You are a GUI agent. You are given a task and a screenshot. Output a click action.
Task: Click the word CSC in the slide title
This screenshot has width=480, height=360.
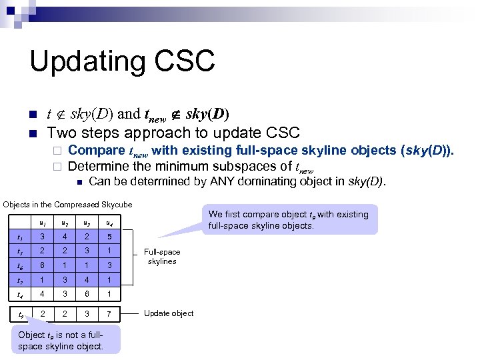click(x=185, y=61)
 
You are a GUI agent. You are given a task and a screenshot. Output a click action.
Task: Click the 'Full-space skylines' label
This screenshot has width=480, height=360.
click(x=162, y=257)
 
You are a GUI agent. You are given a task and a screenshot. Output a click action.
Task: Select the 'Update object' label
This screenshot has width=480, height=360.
click(x=169, y=313)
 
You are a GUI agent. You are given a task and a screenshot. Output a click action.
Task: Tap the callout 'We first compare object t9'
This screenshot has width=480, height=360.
click(x=288, y=220)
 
